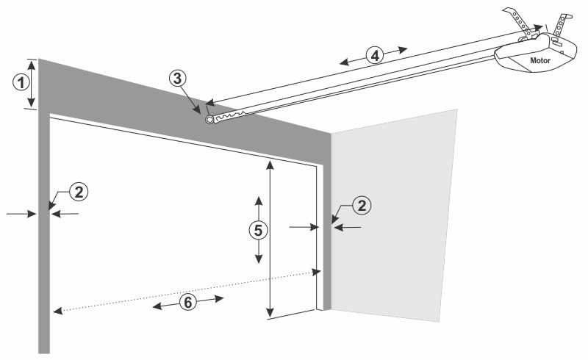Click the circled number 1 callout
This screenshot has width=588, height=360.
(x=21, y=82)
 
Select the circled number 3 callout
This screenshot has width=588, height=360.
(x=177, y=79)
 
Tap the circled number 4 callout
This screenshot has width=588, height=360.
(x=375, y=55)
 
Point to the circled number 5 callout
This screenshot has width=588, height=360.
(x=259, y=230)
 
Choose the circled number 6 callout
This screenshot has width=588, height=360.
(x=188, y=302)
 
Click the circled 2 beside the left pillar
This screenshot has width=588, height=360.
(x=79, y=192)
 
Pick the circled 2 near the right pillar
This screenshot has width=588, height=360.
(x=362, y=206)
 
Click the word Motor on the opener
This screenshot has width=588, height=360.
(x=540, y=60)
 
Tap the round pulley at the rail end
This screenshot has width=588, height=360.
(x=209, y=120)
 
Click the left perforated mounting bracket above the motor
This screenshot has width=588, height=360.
(x=519, y=22)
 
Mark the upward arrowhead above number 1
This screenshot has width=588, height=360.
(x=32, y=65)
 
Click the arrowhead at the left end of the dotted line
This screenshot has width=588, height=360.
(x=58, y=310)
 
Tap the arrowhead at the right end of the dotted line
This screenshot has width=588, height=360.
(x=317, y=272)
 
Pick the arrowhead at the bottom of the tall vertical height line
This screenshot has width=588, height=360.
(x=270, y=313)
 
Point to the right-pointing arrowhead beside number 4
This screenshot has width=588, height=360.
(x=403, y=49)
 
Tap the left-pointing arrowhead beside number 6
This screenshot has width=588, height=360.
(x=157, y=306)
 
